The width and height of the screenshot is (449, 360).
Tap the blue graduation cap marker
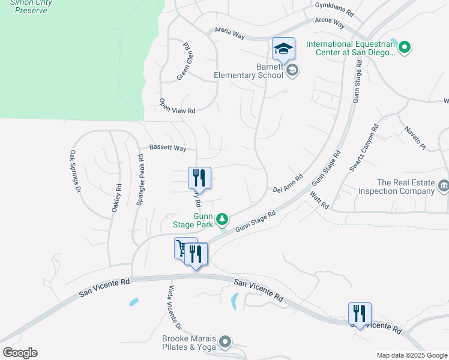click(283, 49)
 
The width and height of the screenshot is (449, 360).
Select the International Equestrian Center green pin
click(404, 47)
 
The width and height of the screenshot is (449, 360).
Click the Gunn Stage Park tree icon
click(222, 218)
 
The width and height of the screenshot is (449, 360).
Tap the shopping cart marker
click(184, 248)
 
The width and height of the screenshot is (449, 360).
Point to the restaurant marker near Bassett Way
click(199, 178)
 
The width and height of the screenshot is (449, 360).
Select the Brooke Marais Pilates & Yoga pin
click(226, 342)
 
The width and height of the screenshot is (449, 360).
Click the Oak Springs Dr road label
click(75, 171)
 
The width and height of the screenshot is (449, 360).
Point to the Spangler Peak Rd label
click(140, 181)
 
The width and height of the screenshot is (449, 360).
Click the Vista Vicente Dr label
click(173, 308)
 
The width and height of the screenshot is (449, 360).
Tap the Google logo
click(20, 353)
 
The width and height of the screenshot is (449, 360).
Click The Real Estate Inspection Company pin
click(443, 186)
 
